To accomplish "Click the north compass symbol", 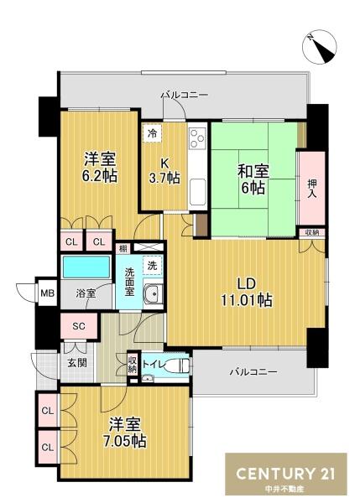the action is pos(319,47).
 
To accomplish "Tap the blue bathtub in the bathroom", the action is pos(86,267).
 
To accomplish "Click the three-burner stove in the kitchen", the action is pos(197,138).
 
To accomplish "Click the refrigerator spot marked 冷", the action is pos(152,133).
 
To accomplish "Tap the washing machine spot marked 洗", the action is pos(153,265).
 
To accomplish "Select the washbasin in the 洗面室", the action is pos(153,293).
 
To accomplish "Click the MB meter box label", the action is pos(48,293).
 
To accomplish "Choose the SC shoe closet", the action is pos(79,326).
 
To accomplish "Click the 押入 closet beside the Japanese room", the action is pos(312,189).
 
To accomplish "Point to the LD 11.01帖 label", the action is pos(247,292).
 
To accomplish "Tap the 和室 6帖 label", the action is pos(253,179).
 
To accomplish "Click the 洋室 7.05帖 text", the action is pos(124,433).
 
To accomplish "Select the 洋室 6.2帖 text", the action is pos(100,167).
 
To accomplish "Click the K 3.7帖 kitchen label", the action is pos(164,170).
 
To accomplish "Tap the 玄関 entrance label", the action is pos(77,363).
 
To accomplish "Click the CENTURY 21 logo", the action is pos(286,474).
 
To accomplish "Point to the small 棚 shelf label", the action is pos(123,248).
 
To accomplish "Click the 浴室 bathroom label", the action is pos(86,293).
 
